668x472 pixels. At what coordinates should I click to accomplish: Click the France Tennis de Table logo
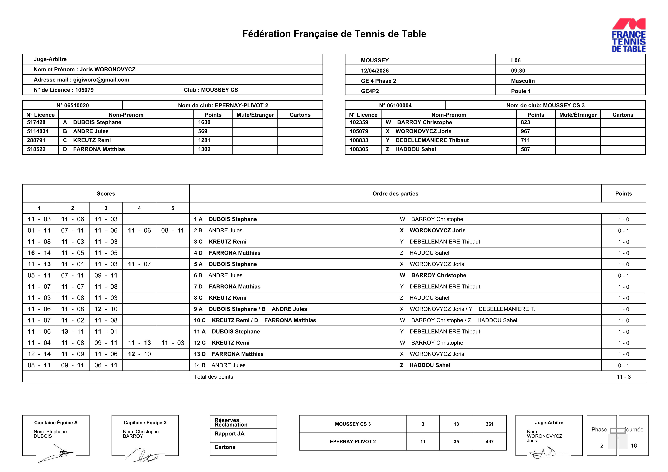point(628,35)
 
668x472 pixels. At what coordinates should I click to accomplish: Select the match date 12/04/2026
point(375,71)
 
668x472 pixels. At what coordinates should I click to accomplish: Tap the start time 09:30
point(518,71)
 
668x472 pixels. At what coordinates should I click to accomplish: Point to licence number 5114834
point(38,131)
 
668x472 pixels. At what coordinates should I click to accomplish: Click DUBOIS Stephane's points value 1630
point(204,122)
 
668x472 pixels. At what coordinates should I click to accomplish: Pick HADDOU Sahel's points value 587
point(525,149)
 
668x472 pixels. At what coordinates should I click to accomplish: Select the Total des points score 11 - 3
point(623,377)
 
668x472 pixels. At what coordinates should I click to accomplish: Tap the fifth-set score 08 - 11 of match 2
point(173,230)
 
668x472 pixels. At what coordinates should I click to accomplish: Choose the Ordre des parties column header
point(395,193)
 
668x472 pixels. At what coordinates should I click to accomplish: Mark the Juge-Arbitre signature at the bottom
point(543,453)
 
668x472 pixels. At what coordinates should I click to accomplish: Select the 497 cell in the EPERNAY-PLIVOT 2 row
point(489,442)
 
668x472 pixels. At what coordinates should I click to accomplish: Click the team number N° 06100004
point(395,106)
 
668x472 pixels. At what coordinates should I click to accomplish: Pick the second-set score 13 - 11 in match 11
point(72,332)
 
